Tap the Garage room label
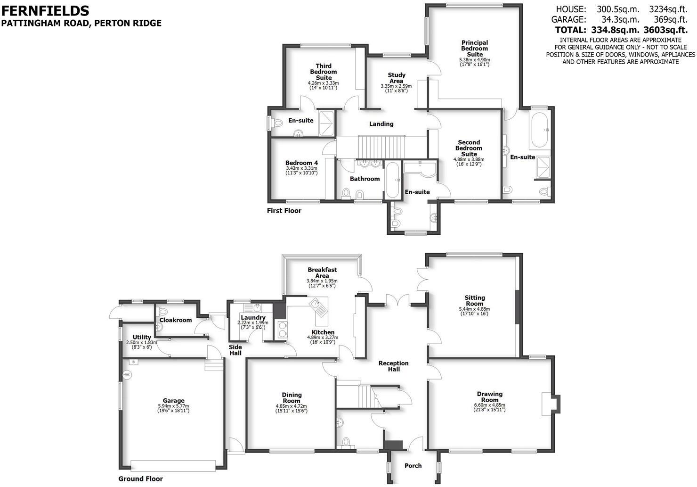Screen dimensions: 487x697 tap(174, 401)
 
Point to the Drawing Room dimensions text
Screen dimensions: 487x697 tap(490, 407)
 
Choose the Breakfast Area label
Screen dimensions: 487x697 tap(322, 272)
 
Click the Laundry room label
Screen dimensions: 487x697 tap(253, 318)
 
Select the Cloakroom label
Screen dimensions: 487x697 tap(176, 320)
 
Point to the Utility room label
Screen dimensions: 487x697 tap(142, 337)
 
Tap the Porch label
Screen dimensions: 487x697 tap(413, 466)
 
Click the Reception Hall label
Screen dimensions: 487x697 tap(394, 366)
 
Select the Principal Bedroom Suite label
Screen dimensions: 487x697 tap(474, 49)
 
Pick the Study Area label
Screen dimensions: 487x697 tap(396, 78)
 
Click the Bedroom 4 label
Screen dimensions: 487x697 tap(301, 163)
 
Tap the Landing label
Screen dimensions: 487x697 tap(381, 124)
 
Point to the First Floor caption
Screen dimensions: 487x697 tap(284, 211)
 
